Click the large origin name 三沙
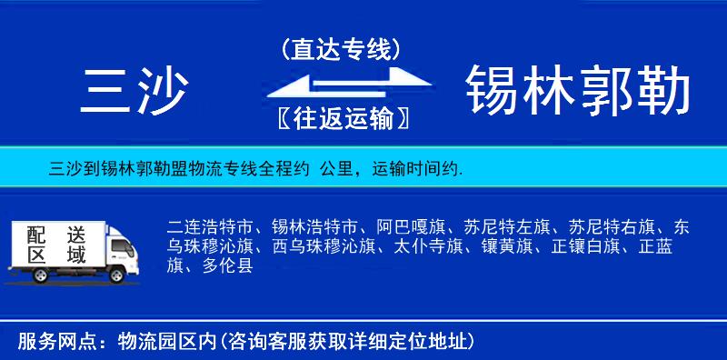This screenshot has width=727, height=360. pyautogui.click(x=135, y=90)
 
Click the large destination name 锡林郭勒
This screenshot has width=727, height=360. pyautogui.click(x=578, y=90)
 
